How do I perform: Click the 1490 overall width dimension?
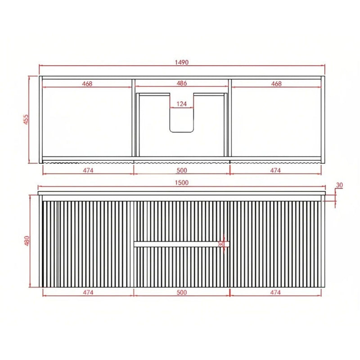[181, 62]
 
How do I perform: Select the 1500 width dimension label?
[181, 183]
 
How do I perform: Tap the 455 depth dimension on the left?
[26, 119]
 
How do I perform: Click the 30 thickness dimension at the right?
[339, 185]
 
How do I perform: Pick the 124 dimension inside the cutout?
[181, 104]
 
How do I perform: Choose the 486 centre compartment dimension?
[181, 83]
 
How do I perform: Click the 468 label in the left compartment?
[87, 83]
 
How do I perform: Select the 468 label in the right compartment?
[276, 83]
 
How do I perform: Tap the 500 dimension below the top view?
[181, 170]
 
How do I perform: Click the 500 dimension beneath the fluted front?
[181, 292]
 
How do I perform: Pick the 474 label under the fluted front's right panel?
[275, 292]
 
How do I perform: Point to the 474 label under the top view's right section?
[275, 170]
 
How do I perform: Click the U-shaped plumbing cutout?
[181, 119]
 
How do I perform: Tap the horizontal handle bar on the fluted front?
[181, 244]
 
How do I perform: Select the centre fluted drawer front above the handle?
[181, 220]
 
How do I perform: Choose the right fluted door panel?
[275, 243]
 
